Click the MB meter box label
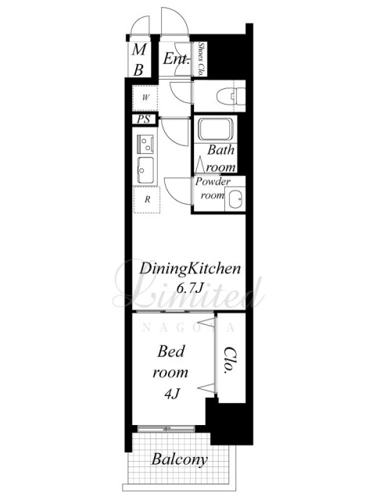pos(139,60)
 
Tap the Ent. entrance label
pos(177,59)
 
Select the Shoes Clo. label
pos(201,59)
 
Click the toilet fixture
pos(231,95)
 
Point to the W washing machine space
pos(145,98)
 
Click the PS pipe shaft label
pos(143,120)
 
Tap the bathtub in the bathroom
pos(216,129)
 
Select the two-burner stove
pos(145,144)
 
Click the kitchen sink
pos(145,170)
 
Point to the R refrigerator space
pos(147,200)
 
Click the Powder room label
pos(213,188)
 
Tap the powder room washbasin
pos(235,199)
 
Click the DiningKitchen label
pos(190,270)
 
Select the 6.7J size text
pos(190,288)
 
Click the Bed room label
pos(170,362)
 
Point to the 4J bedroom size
pos(172,394)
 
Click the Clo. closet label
pos(230,359)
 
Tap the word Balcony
pos(179,459)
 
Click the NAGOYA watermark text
pos(188,327)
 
